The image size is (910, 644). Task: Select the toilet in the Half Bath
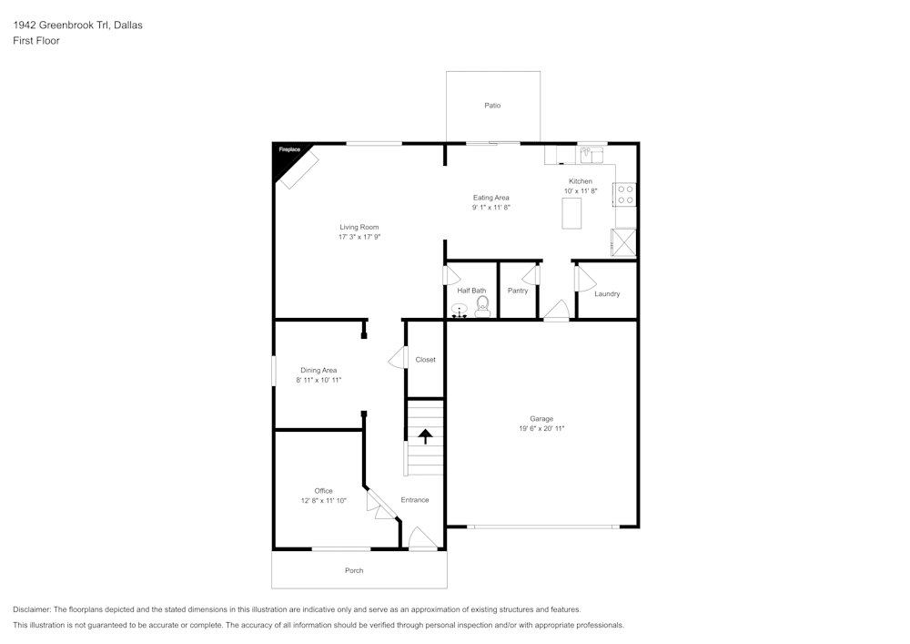483,306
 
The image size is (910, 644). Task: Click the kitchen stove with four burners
625,194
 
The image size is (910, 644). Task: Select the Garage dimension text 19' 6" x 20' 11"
541,428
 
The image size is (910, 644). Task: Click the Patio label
492,106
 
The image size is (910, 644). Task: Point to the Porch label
354,570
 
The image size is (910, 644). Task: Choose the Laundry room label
607,294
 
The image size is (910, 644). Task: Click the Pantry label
518,291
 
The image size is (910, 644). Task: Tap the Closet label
425,360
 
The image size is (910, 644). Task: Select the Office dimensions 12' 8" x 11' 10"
323,500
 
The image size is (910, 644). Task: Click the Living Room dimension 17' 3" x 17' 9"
359,237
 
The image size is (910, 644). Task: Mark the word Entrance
415,500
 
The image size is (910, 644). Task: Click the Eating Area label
490,198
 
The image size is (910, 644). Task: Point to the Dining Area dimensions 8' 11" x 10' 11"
318,380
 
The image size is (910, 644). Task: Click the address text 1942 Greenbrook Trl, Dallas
77,26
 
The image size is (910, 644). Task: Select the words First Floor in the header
36,41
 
